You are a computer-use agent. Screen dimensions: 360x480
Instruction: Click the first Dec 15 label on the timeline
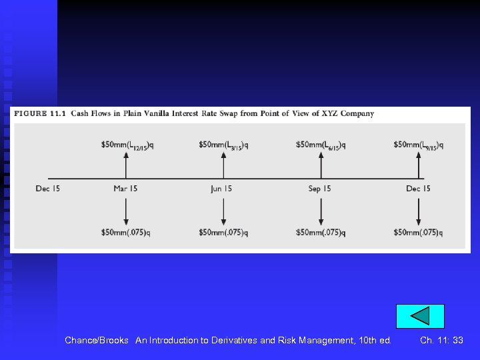(x=48, y=189)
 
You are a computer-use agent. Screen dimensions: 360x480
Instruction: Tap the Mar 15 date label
(x=125, y=189)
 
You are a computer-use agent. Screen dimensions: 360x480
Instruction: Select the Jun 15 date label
(x=221, y=189)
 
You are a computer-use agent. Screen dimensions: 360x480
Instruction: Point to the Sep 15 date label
(x=319, y=189)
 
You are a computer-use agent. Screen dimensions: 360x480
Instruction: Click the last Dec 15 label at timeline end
(x=418, y=189)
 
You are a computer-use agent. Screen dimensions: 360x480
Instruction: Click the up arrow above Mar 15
(x=126, y=164)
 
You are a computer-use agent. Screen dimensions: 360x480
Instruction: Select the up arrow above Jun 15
(x=223, y=164)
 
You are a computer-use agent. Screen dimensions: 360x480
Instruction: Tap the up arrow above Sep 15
(x=321, y=164)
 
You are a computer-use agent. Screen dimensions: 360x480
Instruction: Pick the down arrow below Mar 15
(x=126, y=212)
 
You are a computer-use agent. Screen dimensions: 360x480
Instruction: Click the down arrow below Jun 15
(x=223, y=212)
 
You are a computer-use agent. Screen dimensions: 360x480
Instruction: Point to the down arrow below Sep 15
(x=321, y=212)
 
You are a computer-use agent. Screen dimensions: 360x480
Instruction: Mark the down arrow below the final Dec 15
(x=419, y=212)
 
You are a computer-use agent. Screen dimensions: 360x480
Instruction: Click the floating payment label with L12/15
(x=127, y=145)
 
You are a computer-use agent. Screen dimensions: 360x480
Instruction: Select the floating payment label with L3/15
(x=224, y=145)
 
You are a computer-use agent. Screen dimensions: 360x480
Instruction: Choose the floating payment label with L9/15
(x=418, y=145)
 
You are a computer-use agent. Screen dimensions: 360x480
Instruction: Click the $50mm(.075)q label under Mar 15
(x=126, y=233)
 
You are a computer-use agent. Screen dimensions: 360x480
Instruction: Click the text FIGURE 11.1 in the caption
(x=39, y=113)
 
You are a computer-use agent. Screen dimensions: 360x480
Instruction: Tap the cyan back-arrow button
(x=420, y=316)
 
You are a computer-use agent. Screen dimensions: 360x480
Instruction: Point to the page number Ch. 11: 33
(x=441, y=340)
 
